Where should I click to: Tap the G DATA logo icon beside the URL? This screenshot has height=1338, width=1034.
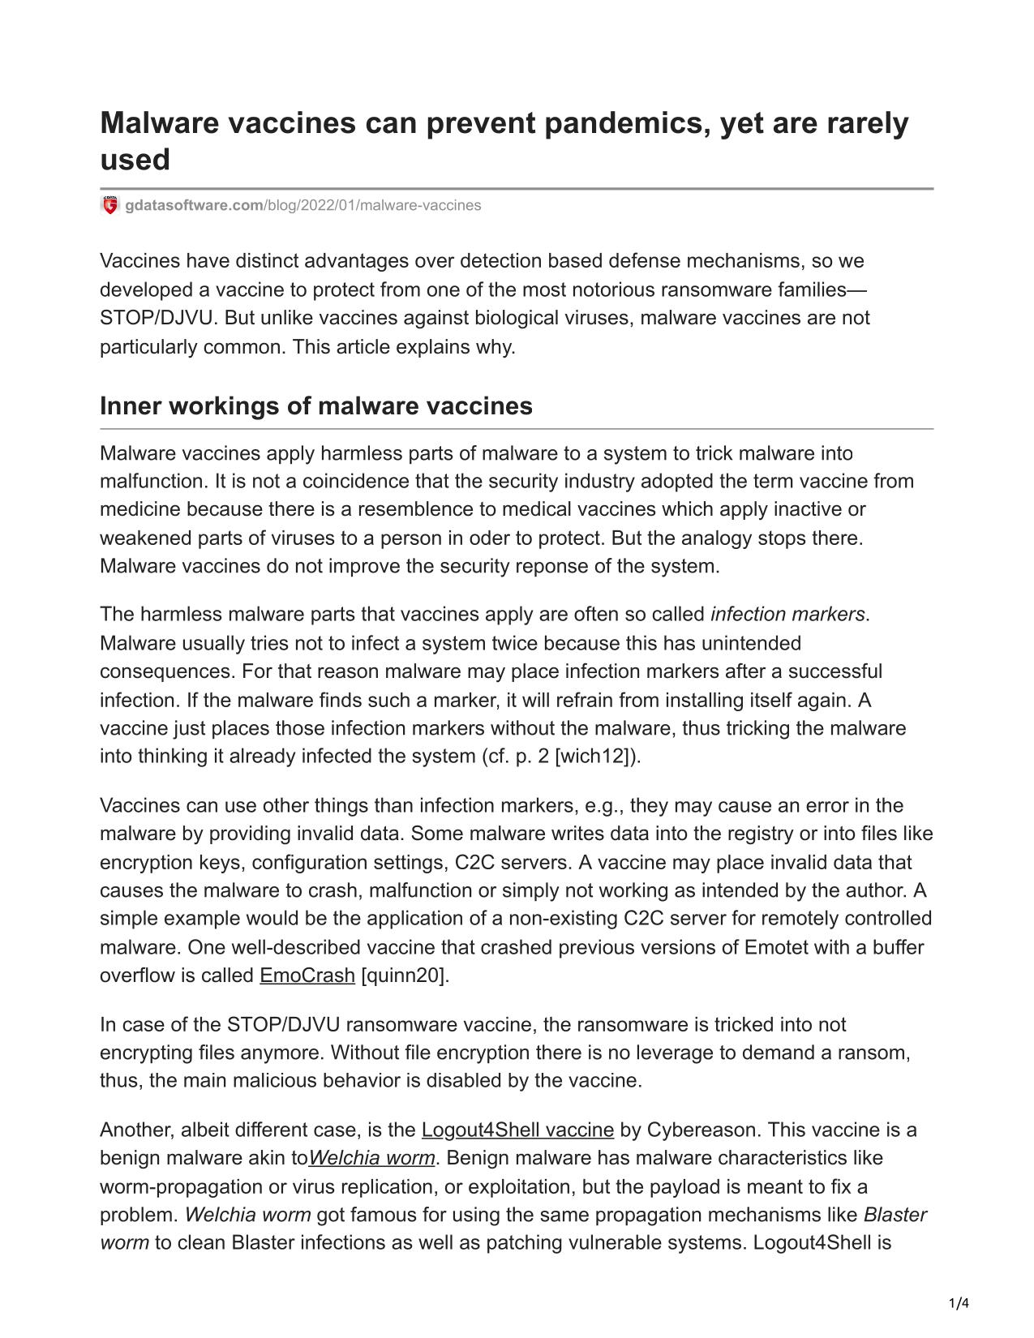pyautogui.click(x=109, y=205)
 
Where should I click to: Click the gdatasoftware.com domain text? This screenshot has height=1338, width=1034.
pyautogui.click(x=195, y=205)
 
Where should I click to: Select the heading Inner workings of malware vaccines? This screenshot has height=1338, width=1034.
pyautogui.click(x=315, y=405)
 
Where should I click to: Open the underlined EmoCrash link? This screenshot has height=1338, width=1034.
pyautogui.click(x=307, y=976)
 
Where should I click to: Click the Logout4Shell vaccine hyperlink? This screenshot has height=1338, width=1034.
pyautogui.click(x=517, y=1130)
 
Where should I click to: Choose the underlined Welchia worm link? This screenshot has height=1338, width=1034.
pyautogui.click(x=372, y=1158)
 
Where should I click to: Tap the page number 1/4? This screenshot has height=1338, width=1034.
pyautogui.click(x=959, y=1304)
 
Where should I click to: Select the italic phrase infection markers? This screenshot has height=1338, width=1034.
pyautogui.click(x=787, y=615)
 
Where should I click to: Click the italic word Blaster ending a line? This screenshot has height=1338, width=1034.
pyautogui.click(x=895, y=1215)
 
